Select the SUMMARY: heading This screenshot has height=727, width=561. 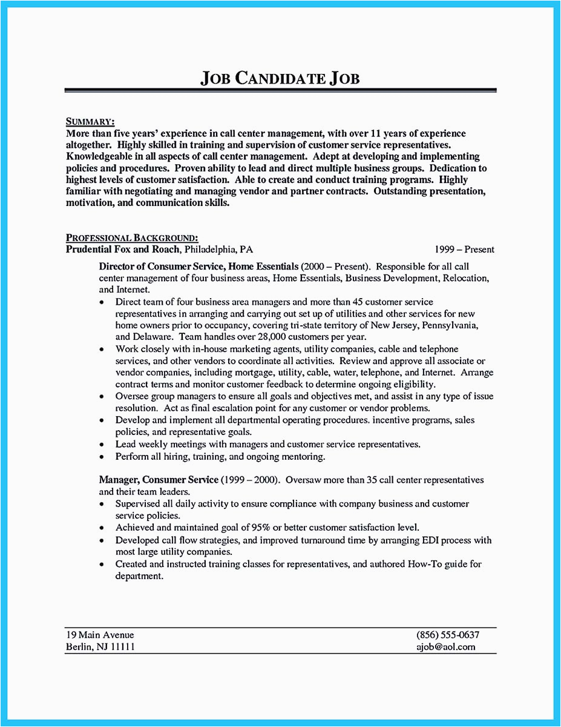90,122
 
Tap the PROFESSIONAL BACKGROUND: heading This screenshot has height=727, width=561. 132,237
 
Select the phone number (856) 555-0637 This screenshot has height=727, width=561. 448,635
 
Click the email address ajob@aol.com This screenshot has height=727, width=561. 446,646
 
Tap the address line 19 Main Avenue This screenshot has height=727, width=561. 100,635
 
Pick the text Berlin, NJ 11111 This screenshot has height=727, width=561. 100,646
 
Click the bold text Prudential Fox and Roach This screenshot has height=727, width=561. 123,249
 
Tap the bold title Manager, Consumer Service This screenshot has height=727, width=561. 159,480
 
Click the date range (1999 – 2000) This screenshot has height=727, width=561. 249,480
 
